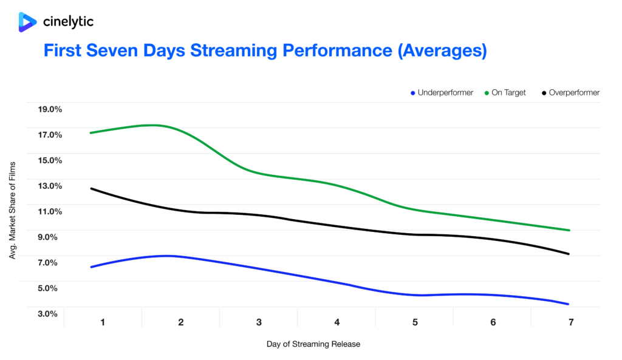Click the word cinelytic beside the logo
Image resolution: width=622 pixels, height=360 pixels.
click(68, 22)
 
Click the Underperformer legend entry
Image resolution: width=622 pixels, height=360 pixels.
click(442, 93)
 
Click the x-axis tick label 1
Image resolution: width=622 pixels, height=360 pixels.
click(103, 322)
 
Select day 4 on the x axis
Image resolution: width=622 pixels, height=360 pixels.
click(337, 322)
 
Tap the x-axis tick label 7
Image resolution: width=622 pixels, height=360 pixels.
click(571, 322)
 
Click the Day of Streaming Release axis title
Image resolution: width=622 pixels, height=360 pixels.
click(313, 344)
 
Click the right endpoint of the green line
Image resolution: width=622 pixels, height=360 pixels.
click(569, 230)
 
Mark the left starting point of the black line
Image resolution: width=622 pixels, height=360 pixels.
click(91, 188)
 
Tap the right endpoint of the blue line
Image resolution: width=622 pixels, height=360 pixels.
click(569, 304)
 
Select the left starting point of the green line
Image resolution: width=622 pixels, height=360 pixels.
click(91, 132)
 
